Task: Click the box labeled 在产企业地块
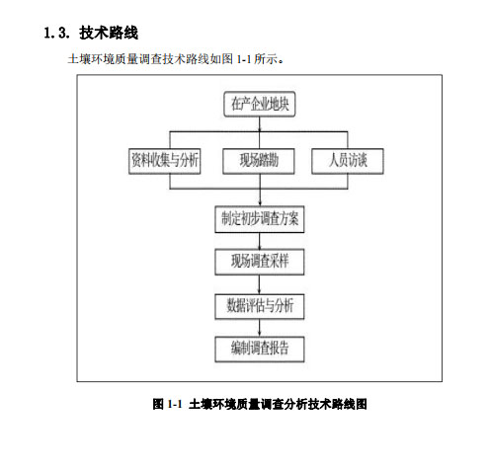pos(260,104)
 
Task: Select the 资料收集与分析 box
pos(165,161)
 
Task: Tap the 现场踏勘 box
pos(259,161)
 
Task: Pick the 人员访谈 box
pos(348,161)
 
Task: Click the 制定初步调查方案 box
pos(260,219)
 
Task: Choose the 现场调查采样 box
pos(260,262)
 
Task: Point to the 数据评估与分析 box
pos(260,306)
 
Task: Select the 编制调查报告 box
pos(260,349)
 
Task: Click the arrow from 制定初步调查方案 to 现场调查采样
pos(260,241)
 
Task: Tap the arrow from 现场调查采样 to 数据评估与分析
pos(260,284)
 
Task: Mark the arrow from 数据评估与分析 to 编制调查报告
pos(260,328)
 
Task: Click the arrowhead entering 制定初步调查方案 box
pos(260,203)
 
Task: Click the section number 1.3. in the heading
pos(56,33)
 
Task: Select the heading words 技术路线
pos(109,33)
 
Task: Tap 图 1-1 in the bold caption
pos(167,404)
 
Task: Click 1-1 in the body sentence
pos(244,59)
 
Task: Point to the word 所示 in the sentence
pos(266,59)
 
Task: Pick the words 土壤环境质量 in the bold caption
pos(224,404)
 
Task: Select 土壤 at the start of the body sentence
pos(79,59)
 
